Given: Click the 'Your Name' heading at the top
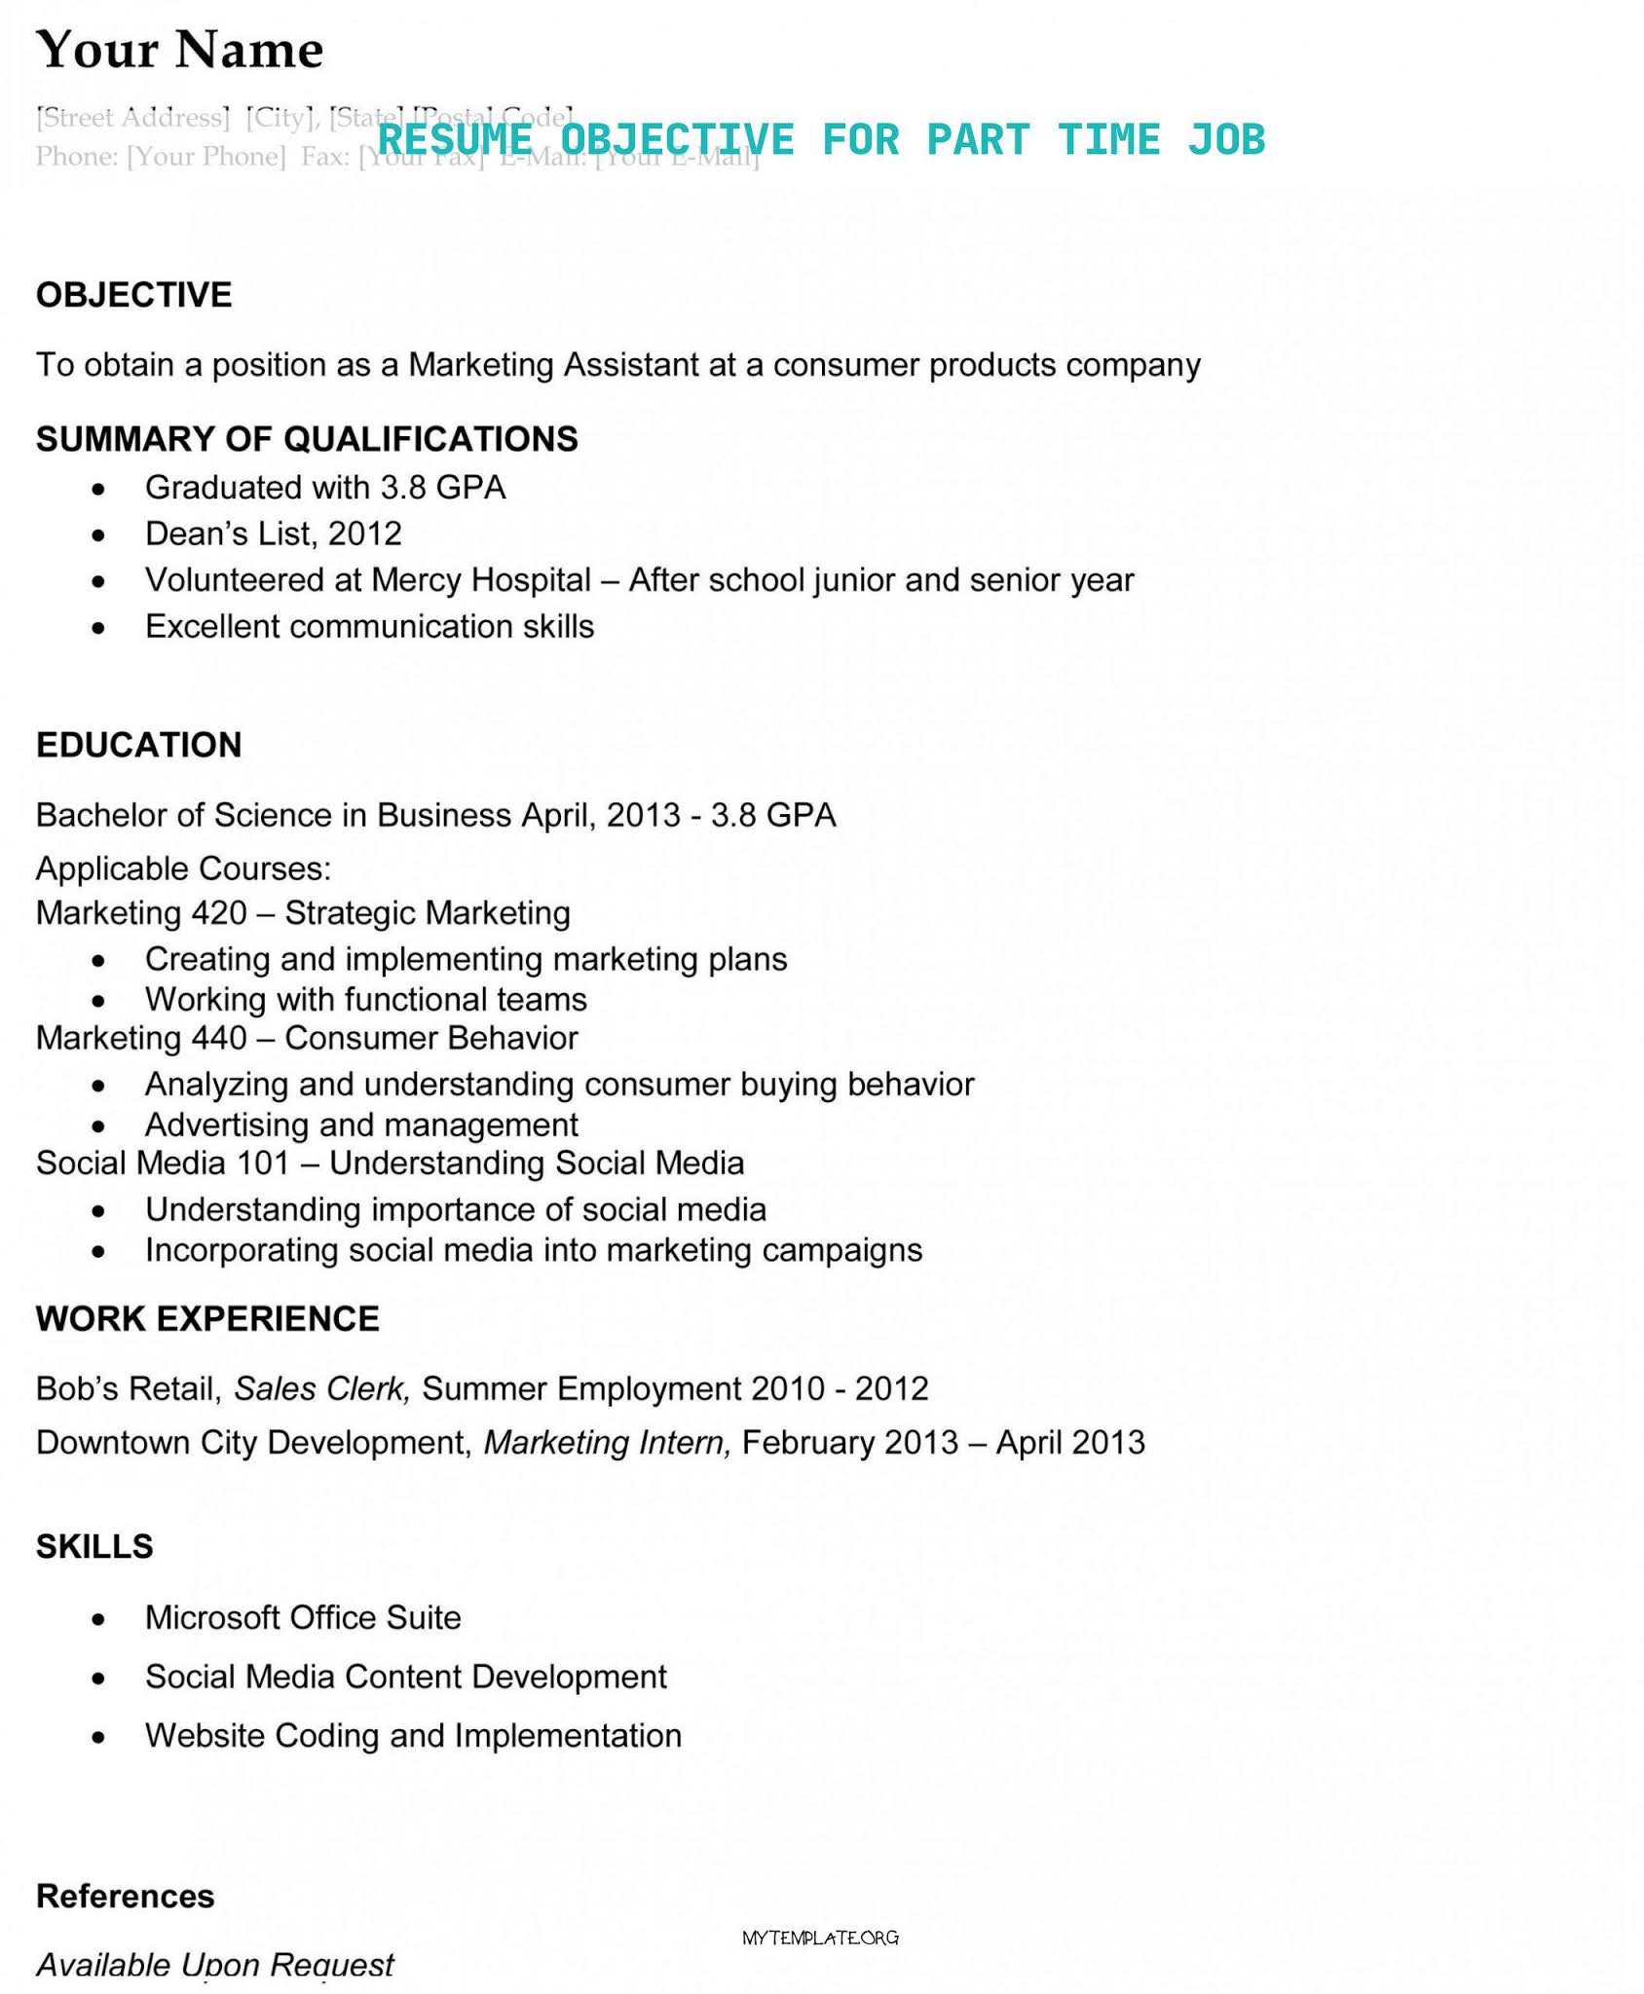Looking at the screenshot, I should (x=179, y=50).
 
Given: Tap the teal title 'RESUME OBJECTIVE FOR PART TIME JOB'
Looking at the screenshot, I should (x=820, y=139).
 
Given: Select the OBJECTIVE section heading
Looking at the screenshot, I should (x=133, y=294).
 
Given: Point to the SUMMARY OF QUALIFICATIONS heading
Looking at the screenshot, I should (x=307, y=438).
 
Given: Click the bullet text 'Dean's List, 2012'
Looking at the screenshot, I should (x=273, y=533).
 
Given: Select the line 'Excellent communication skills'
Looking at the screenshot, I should (x=369, y=625).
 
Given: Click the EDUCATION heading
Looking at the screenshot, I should (x=138, y=744).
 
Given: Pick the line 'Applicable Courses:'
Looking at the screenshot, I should (x=183, y=867).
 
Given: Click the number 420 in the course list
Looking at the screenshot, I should (x=219, y=912).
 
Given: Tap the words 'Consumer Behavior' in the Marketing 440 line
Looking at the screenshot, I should (x=430, y=1037).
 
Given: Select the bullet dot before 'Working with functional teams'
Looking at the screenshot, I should (x=97, y=1001).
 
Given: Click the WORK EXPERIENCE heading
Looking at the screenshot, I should (x=207, y=1317).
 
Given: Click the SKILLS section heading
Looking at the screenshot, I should (x=94, y=1545).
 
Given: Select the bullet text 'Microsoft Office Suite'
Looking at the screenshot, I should (x=303, y=1616).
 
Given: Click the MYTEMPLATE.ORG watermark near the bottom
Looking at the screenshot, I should (x=820, y=1938).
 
